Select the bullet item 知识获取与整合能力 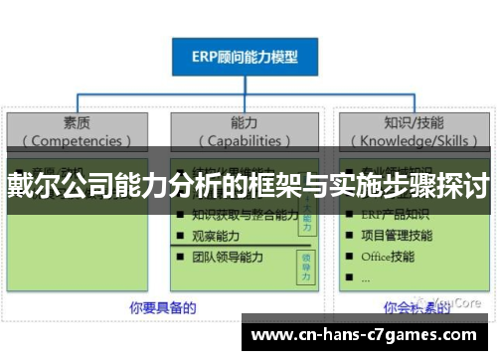point(243,214)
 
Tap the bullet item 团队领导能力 point(228,257)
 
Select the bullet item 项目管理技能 point(398,236)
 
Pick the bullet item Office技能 point(389,257)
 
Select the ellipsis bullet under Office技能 point(365,277)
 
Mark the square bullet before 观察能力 point(180,236)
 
